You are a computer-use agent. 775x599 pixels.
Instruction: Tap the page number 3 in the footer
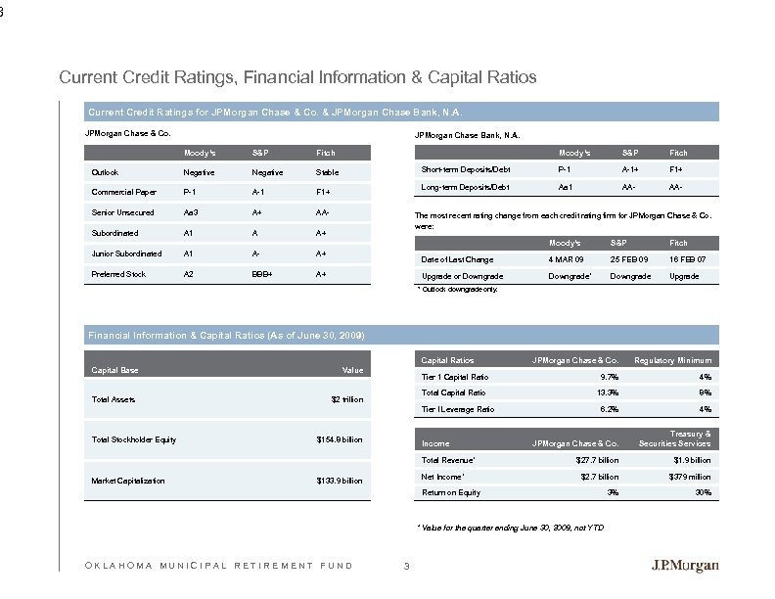pyautogui.click(x=405, y=565)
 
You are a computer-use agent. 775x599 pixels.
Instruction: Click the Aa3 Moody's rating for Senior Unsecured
pyautogui.click(x=193, y=212)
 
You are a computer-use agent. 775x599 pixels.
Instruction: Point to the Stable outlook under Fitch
pyautogui.click(x=326, y=172)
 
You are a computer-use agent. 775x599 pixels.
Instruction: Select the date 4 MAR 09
pyautogui.click(x=569, y=259)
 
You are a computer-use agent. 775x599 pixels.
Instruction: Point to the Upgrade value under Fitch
pyautogui.click(x=684, y=278)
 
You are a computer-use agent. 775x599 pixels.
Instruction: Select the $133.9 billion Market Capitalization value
pyautogui.click(x=340, y=481)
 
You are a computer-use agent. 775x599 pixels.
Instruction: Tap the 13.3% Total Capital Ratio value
pyautogui.click(x=607, y=392)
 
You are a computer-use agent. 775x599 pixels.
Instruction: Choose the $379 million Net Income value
pyautogui.click(x=688, y=477)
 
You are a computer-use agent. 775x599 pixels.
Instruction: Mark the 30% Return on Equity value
pyautogui.click(x=701, y=492)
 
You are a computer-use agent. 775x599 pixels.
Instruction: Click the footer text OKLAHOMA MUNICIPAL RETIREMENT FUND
pyautogui.click(x=211, y=565)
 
